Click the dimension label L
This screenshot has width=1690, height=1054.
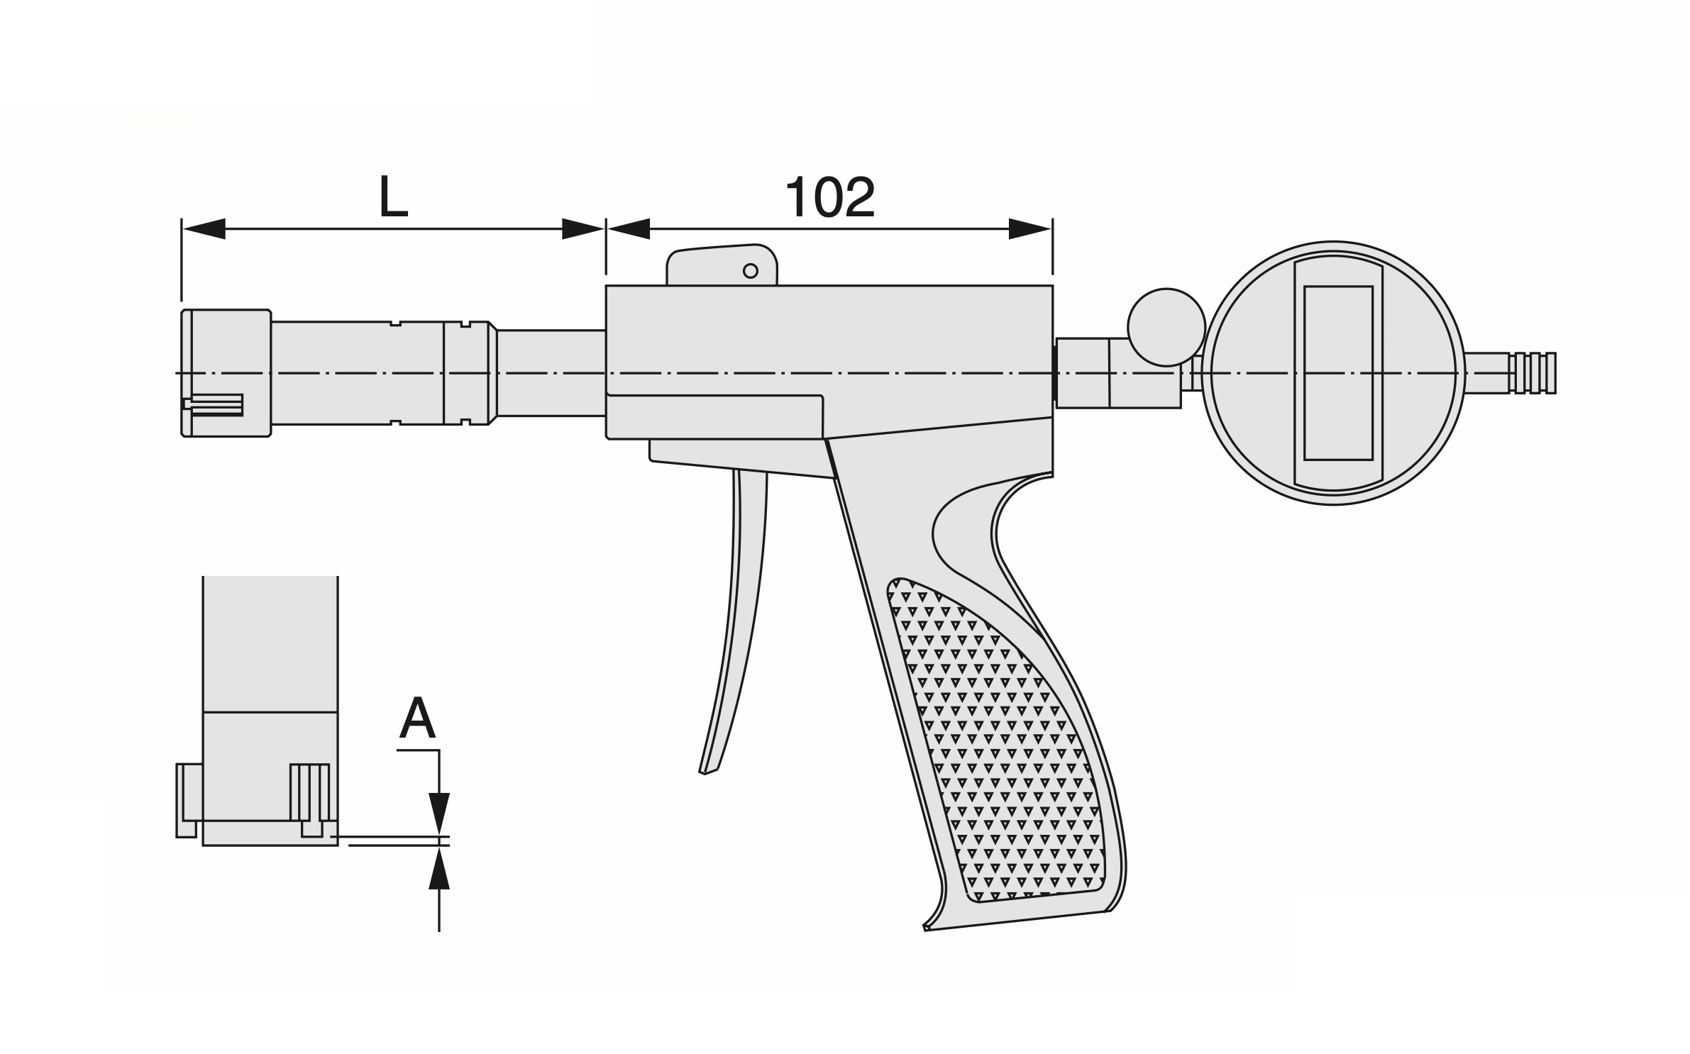(x=393, y=196)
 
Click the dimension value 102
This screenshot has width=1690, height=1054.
(x=829, y=198)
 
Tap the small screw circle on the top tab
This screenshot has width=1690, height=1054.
(x=750, y=270)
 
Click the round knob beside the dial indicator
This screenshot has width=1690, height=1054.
(x=1166, y=327)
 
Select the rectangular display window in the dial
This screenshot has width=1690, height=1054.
(x=1337, y=373)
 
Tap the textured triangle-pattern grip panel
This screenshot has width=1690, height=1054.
(x=1000, y=745)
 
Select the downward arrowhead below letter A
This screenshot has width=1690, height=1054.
(x=439, y=812)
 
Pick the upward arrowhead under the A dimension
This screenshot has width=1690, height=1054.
(x=439, y=869)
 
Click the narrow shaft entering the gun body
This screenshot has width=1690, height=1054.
(x=551, y=373)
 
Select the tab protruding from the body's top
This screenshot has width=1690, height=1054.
(x=722, y=265)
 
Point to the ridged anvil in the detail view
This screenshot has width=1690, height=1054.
(x=310, y=793)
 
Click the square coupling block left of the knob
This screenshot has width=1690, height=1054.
(x=1083, y=373)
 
